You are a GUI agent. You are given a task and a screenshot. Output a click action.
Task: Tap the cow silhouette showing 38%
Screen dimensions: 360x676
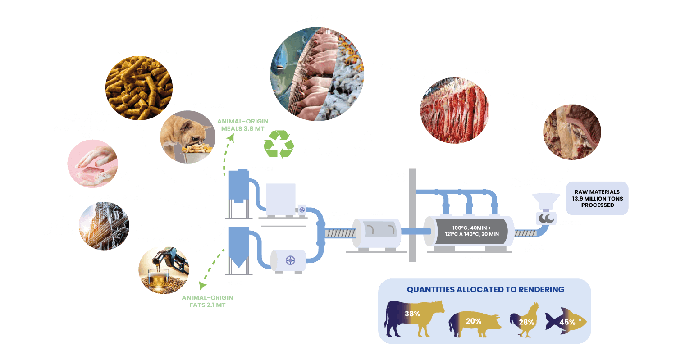413,318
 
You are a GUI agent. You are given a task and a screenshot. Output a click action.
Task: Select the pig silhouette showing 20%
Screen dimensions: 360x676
474,322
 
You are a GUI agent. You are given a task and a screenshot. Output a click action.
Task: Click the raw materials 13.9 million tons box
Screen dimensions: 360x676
597,198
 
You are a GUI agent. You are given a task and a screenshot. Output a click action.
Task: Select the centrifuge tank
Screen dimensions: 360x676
288,261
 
